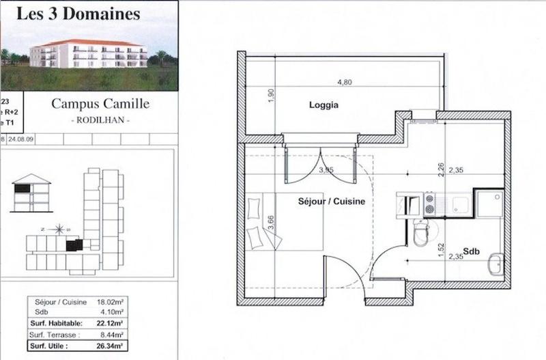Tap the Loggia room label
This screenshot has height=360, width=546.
[x=324, y=105]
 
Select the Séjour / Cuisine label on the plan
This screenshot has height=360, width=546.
[x=331, y=202]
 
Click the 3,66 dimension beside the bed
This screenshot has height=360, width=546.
[x=272, y=220]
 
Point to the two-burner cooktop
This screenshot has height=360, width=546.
[x=430, y=202]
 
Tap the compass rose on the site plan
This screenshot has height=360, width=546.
[x=59, y=229]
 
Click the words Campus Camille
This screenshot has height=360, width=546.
[x=100, y=105]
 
